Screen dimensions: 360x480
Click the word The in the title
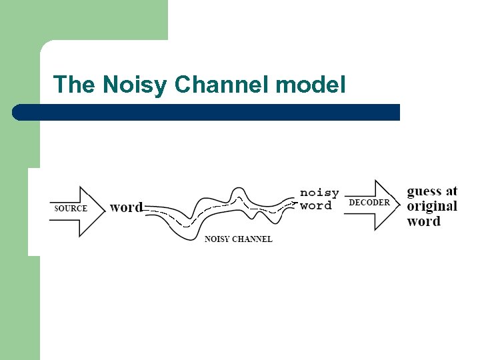75,85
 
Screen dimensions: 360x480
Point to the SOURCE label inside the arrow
71,209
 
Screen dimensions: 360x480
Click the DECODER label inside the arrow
369,203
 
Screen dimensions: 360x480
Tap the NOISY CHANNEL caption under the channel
238,239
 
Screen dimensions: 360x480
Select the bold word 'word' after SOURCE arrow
126,207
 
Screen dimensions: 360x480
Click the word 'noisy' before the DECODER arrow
319,193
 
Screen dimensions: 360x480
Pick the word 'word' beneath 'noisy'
315,205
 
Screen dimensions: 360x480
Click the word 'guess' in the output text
424,191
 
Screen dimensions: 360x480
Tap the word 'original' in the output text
432,206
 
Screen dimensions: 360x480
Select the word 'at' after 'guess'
451,191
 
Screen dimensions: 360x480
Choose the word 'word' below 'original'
423,221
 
